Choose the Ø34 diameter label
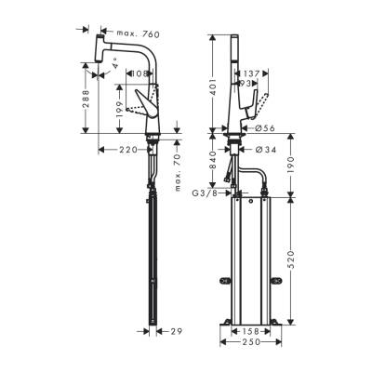coord(264,148)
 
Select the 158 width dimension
coord(249,330)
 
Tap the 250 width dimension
coord(249,344)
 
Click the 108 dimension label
coord(140,73)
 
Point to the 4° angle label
coord(114,67)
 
